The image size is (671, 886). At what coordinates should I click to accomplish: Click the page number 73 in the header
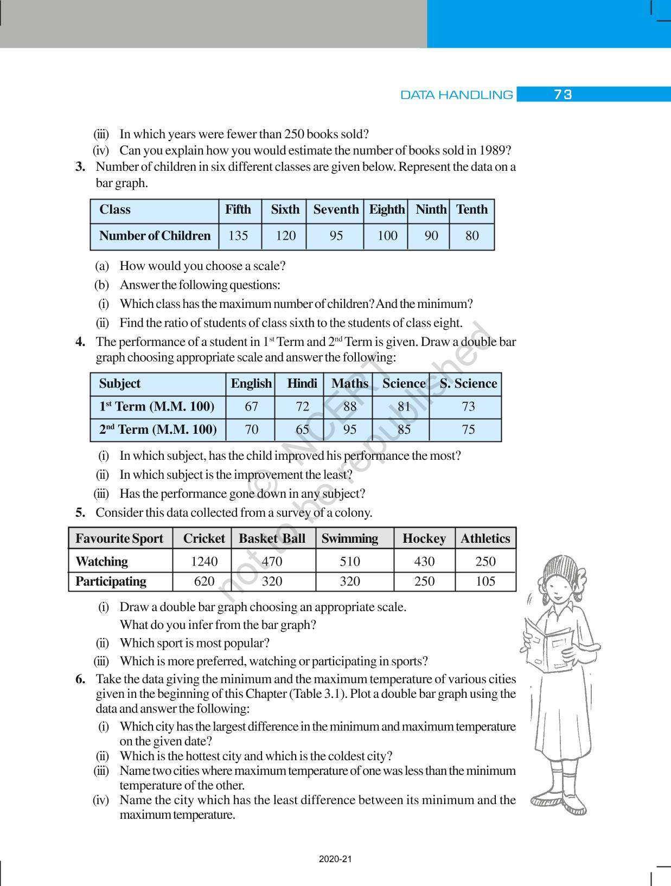click(x=563, y=95)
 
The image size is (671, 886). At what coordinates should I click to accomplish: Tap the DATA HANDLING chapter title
click(x=456, y=95)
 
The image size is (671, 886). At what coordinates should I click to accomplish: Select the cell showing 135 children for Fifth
click(x=238, y=236)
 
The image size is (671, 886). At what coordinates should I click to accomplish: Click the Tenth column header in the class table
click(x=471, y=210)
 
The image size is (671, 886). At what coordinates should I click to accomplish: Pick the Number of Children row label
click(x=155, y=236)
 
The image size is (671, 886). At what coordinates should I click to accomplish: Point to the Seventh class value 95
click(x=336, y=236)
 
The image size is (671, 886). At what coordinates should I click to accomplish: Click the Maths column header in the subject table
click(x=349, y=384)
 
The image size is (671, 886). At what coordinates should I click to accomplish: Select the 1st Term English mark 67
click(x=251, y=407)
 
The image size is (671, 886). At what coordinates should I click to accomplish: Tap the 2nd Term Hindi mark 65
click(x=302, y=430)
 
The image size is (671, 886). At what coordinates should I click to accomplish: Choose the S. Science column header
click(x=468, y=384)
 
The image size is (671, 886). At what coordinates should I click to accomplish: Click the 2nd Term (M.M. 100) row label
click(x=158, y=430)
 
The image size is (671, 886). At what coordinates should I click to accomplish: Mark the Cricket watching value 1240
click(x=204, y=562)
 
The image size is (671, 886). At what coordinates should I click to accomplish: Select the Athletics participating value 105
click(x=485, y=582)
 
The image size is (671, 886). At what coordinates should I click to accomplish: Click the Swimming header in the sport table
click(x=349, y=539)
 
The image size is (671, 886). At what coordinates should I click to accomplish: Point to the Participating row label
click(x=111, y=582)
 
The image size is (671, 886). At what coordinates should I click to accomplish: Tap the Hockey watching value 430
click(x=424, y=562)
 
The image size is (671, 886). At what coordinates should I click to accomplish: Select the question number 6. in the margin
click(x=80, y=679)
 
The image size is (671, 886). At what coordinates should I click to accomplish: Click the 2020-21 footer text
click(x=335, y=859)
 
